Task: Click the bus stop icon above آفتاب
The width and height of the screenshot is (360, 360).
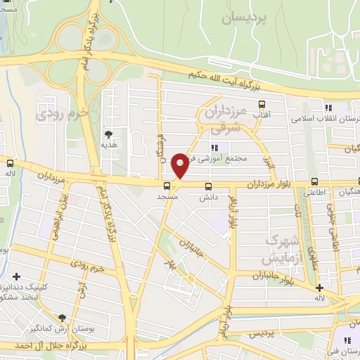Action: click(x=262, y=104)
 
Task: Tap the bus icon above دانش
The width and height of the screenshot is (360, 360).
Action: click(x=208, y=186)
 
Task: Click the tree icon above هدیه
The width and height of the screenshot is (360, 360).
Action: click(x=108, y=133)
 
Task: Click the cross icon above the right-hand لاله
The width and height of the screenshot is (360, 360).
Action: click(x=319, y=287)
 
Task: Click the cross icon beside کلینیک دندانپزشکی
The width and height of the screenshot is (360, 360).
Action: click(x=16, y=277)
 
